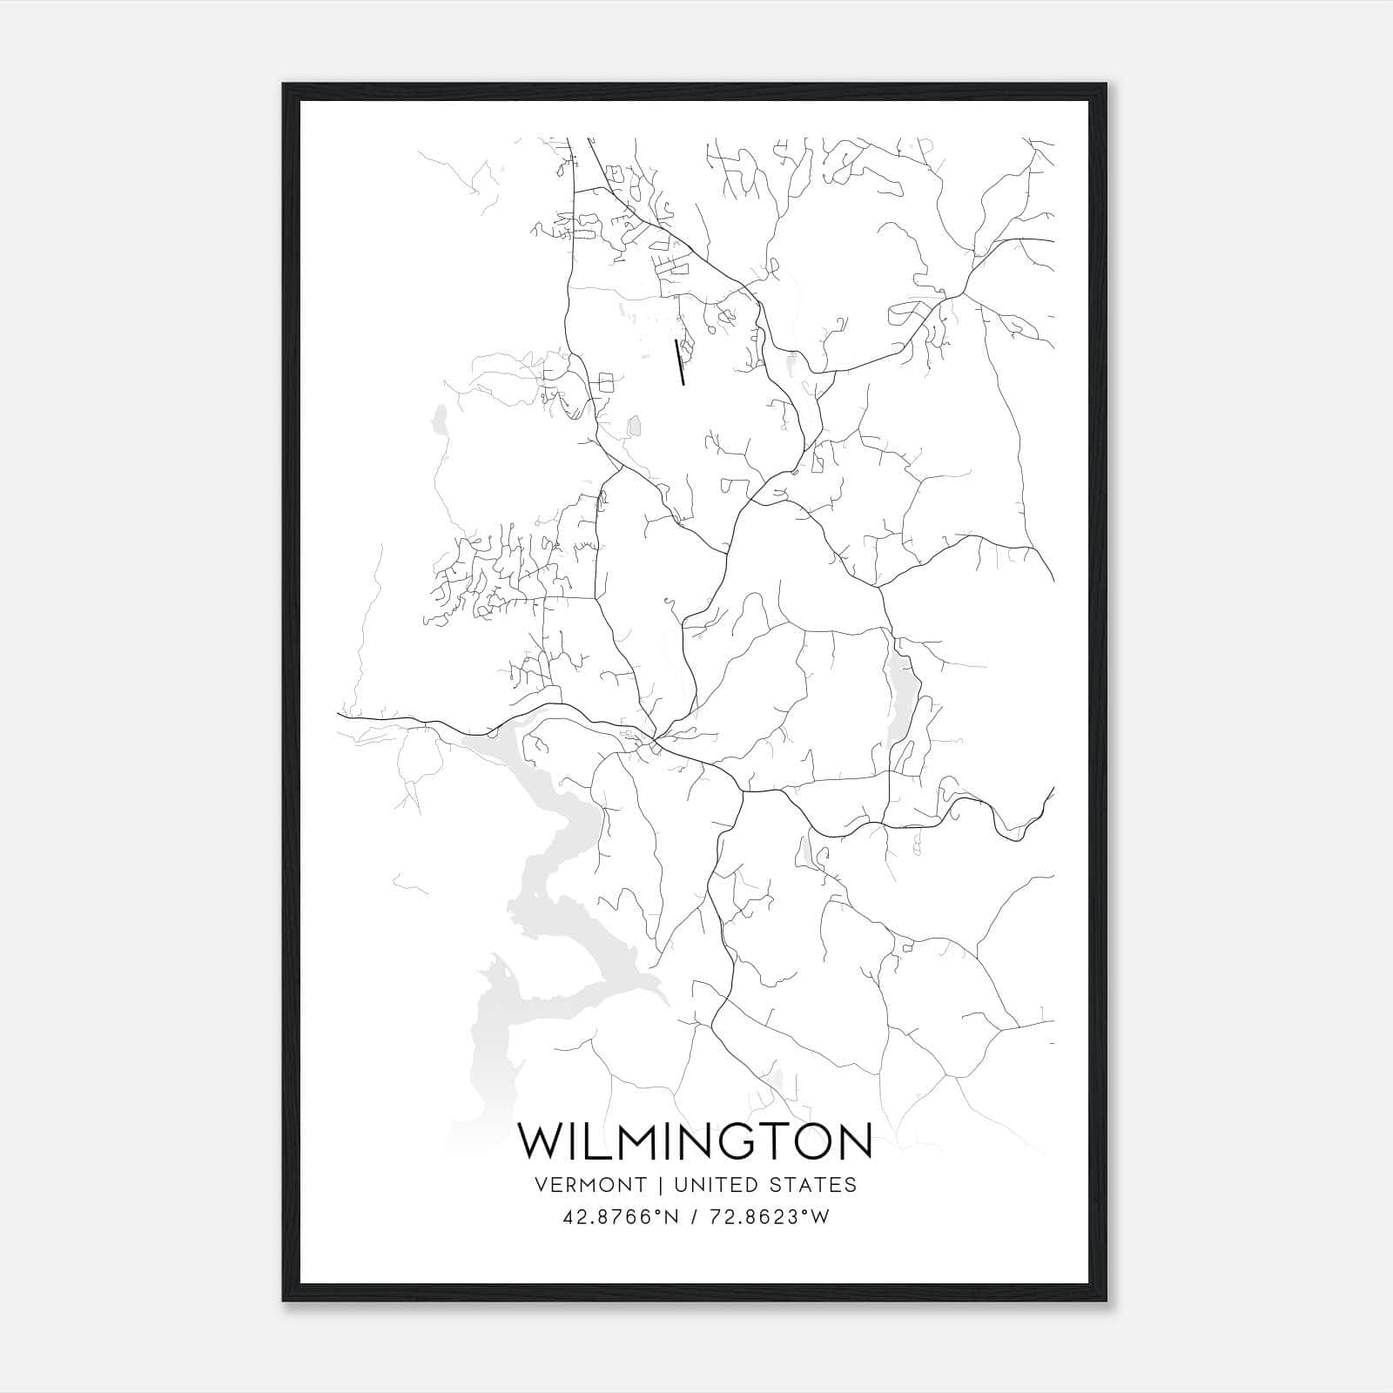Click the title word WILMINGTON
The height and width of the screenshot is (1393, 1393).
pos(695,1141)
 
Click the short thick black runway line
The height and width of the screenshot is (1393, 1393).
pos(680,362)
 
